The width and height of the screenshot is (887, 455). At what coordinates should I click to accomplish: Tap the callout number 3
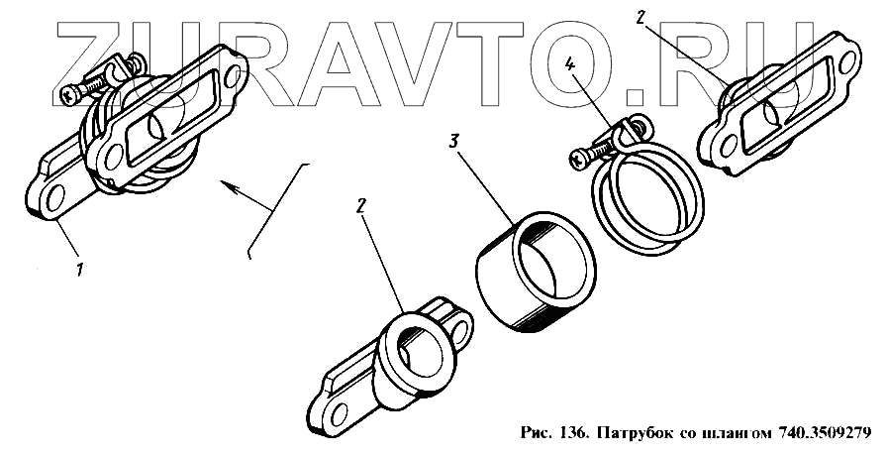point(452,142)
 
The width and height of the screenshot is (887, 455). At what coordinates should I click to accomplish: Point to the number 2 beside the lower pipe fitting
point(361,205)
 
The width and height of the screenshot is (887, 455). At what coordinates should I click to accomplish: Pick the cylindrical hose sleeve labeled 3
point(535,274)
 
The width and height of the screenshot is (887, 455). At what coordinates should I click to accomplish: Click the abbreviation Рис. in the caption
point(535,433)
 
